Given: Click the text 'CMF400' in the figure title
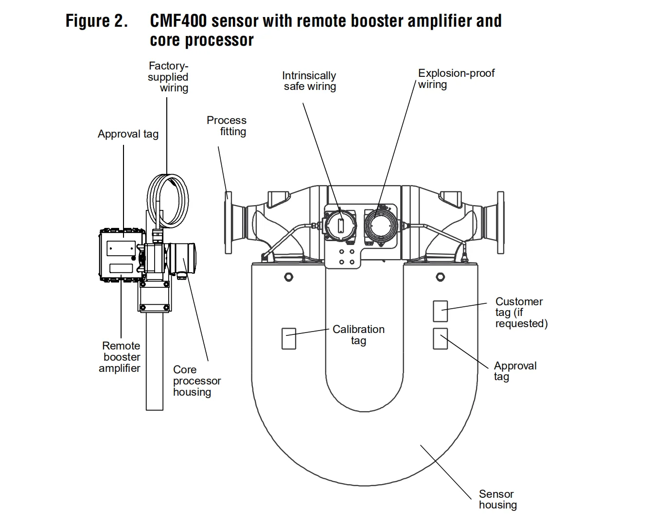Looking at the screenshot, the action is tap(178, 21).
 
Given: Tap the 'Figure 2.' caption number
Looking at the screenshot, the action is tap(96, 21).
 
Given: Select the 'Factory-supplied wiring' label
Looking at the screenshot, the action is tap(168, 77).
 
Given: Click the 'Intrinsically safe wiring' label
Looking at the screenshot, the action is tap(309, 81).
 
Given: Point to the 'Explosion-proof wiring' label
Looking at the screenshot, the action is tap(456, 79).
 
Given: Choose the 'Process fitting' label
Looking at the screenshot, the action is tap(227, 126).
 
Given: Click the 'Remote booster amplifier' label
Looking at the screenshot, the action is tap(120, 357).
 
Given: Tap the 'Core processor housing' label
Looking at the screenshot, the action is tap(197, 381).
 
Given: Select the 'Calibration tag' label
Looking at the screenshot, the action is tap(359, 335).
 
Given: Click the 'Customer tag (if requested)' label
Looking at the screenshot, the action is tap(521, 312).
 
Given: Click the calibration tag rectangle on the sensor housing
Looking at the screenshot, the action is tap(289, 339).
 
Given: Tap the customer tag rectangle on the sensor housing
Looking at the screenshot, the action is tap(441, 311).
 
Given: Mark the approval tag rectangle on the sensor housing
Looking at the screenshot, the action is tap(441, 339).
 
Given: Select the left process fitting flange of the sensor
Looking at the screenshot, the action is tap(228, 223).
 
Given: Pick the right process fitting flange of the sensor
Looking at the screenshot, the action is tap(501, 223).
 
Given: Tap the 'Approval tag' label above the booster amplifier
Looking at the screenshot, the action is tap(128, 134).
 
